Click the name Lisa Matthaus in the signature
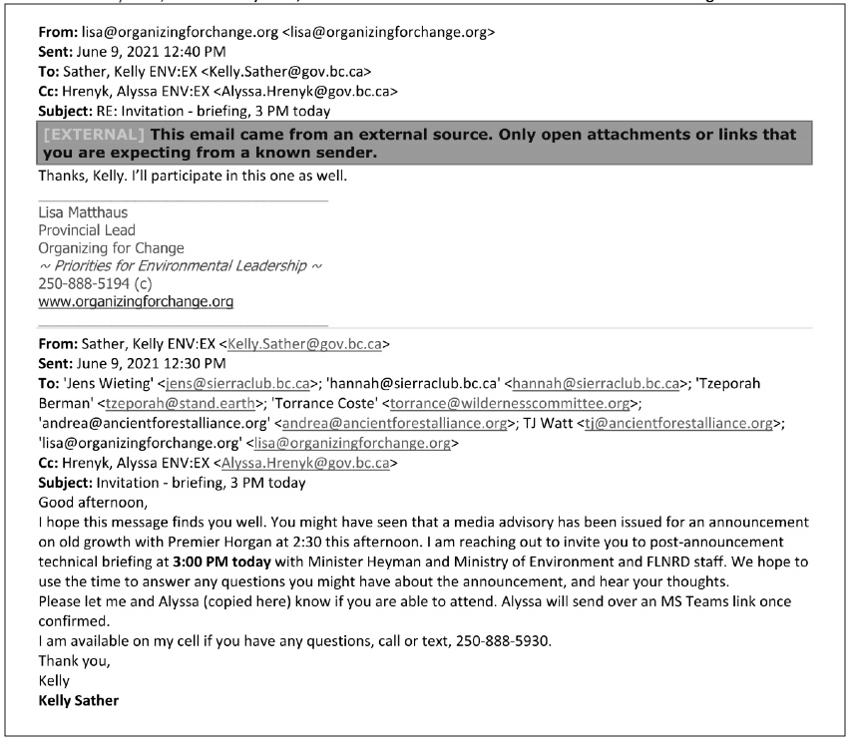[82, 213]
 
